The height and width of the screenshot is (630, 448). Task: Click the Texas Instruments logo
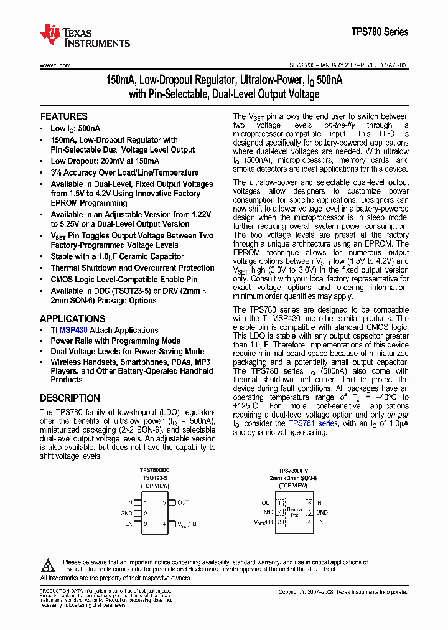(85, 36)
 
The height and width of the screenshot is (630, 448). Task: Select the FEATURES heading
(63, 116)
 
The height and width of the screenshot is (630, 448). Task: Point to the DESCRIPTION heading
(70, 398)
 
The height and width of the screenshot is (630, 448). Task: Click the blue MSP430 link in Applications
(73, 331)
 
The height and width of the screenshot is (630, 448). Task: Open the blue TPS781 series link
(313, 423)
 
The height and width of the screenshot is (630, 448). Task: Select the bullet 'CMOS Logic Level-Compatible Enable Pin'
(124, 280)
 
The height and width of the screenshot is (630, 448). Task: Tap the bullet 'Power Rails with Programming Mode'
(115, 341)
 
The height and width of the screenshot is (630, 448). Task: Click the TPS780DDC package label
(154, 471)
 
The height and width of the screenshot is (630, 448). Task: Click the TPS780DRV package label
(293, 471)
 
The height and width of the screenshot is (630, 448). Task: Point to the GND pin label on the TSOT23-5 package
(126, 514)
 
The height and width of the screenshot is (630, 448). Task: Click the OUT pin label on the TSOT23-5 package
(182, 502)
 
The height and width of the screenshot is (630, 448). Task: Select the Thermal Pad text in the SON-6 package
(294, 512)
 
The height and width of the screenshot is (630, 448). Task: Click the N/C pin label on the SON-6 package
(268, 513)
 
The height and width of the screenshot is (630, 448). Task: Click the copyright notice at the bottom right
(343, 592)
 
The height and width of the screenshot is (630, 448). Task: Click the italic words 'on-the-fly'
(338, 125)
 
